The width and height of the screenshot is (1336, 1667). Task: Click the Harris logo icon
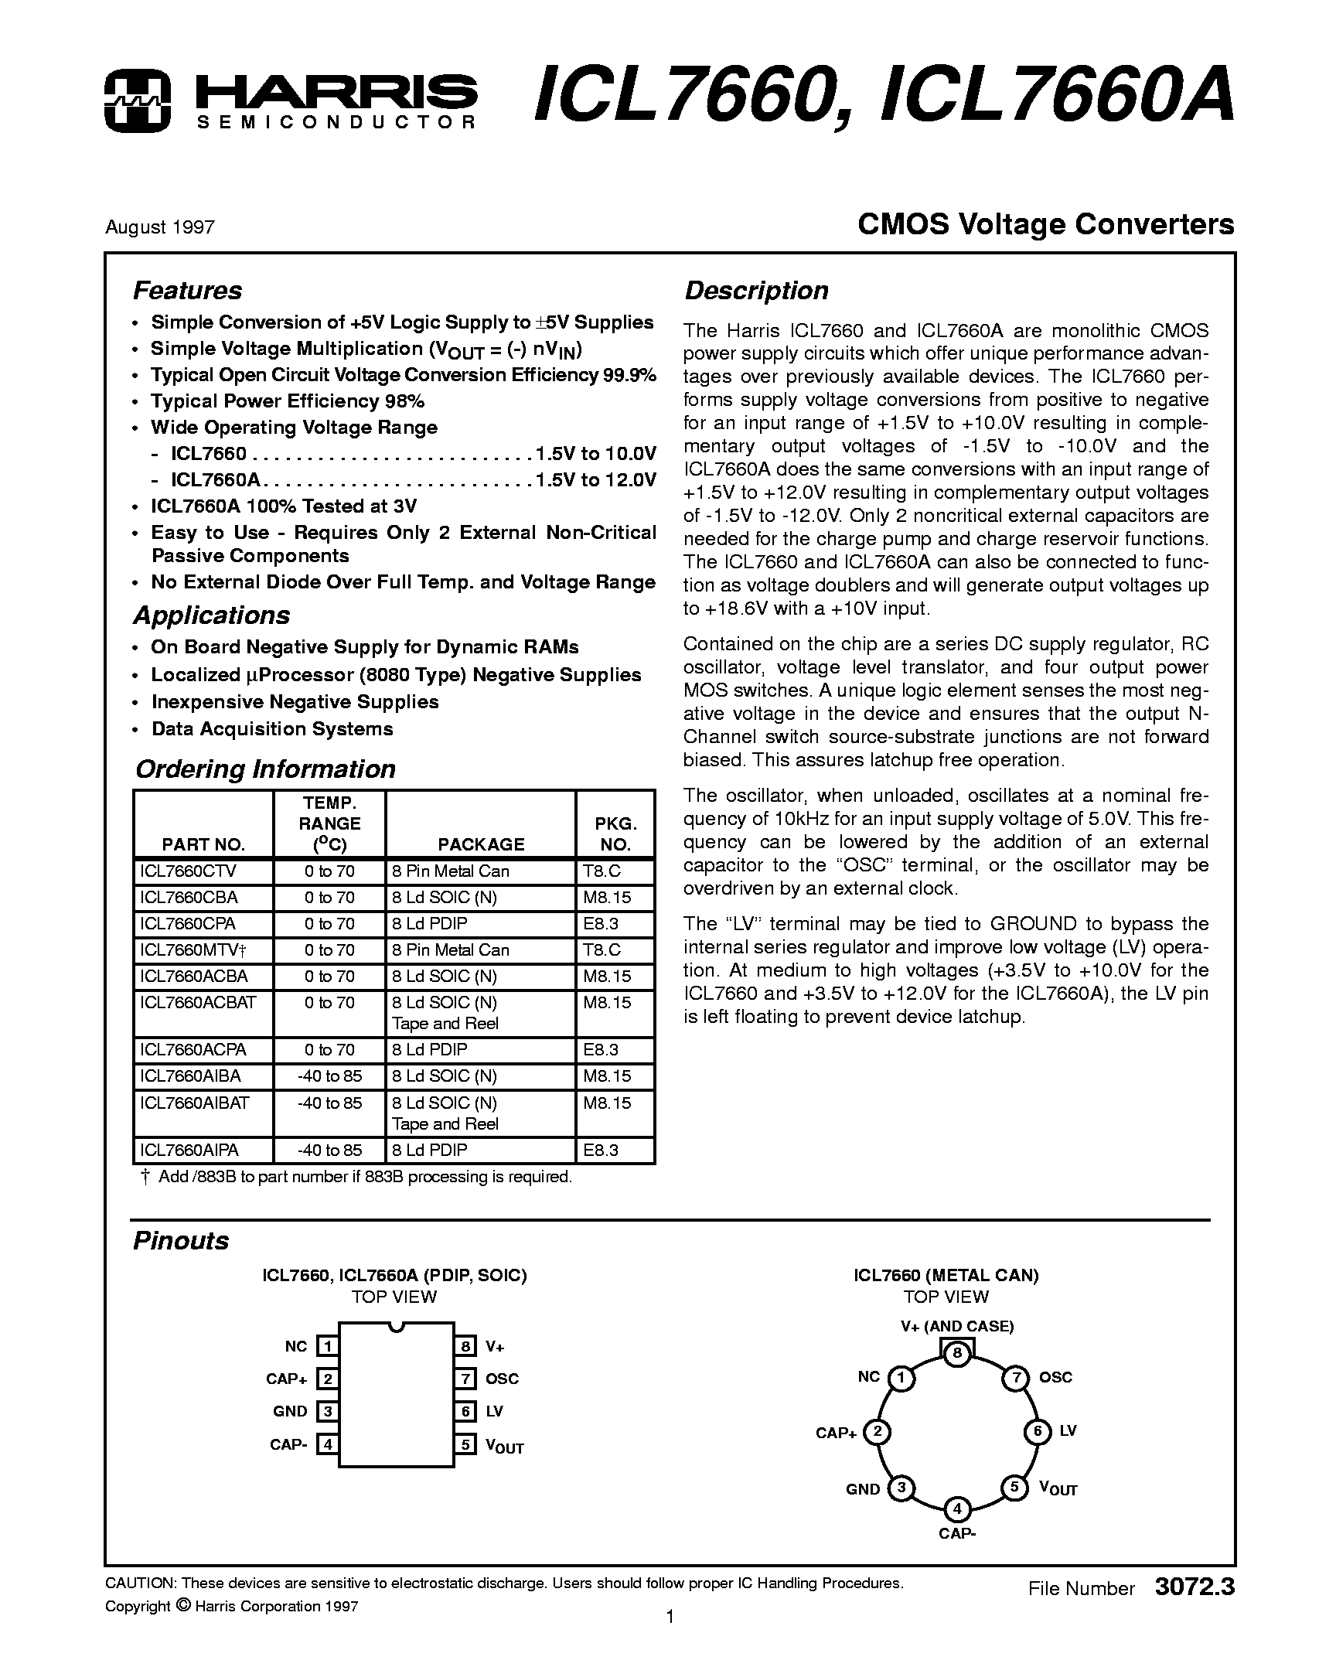(137, 100)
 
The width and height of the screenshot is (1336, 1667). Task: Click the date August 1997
(160, 227)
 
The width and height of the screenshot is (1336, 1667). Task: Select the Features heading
(187, 291)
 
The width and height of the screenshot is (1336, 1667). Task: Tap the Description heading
(756, 291)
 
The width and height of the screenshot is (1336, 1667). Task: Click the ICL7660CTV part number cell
(188, 871)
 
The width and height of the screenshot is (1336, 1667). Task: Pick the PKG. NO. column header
(615, 833)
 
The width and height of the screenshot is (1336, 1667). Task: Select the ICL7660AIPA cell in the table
(189, 1151)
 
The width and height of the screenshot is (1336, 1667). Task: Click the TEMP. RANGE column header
(330, 823)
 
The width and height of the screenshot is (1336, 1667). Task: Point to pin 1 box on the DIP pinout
(328, 1346)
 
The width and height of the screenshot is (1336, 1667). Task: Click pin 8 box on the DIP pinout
(465, 1346)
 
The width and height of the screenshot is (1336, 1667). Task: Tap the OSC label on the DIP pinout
(502, 1379)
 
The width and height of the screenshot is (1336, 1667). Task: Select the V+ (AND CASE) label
(957, 1326)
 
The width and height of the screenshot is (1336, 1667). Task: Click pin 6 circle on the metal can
(1038, 1432)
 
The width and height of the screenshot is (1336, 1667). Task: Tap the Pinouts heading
(181, 1241)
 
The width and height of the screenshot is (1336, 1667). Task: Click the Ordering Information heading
(265, 769)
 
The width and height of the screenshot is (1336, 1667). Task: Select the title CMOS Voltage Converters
(1046, 225)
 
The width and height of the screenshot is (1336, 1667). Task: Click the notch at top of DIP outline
(397, 1328)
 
